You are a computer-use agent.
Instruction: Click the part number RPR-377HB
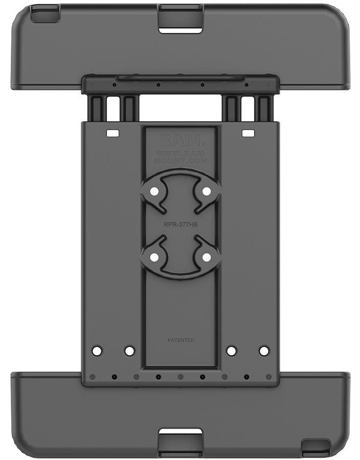(x=181, y=223)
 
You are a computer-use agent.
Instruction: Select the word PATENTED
(x=181, y=340)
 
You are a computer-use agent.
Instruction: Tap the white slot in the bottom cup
(x=181, y=433)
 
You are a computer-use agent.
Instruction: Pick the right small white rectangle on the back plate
(x=248, y=133)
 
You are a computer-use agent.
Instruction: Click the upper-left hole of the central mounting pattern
(x=154, y=191)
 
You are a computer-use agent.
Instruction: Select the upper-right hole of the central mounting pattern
(x=206, y=191)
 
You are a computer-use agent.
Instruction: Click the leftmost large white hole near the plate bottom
(x=97, y=351)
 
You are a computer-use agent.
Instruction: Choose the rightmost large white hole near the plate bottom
(x=264, y=351)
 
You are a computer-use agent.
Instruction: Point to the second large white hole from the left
(x=129, y=351)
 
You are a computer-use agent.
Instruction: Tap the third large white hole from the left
(x=232, y=351)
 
